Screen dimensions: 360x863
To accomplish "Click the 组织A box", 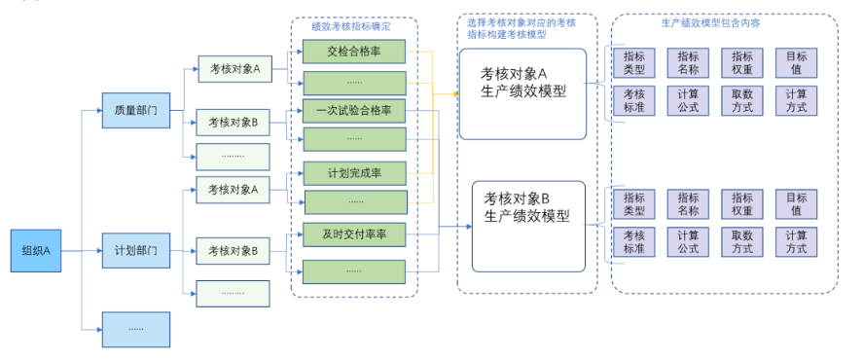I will pyautogui.click(x=36, y=250).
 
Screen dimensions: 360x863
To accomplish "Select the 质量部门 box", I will pyautogui.click(x=136, y=111).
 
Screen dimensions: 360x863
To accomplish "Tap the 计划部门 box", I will pyautogui.click(x=136, y=250).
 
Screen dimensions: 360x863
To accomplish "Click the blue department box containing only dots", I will pyautogui.click(x=136, y=329).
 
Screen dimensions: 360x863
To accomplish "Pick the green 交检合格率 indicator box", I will pyautogui.click(x=354, y=52).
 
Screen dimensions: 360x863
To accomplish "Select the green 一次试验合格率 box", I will pyautogui.click(x=354, y=111).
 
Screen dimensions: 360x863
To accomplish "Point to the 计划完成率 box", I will pyautogui.click(x=354, y=174).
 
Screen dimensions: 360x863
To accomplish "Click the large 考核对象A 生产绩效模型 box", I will pyautogui.click(x=522, y=94).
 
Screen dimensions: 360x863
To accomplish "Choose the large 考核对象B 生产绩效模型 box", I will pyautogui.click(x=528, y=226).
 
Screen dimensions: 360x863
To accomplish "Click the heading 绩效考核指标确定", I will pyautogui.click(x=354, y=26).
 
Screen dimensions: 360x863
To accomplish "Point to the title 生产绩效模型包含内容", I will pyautogui.click(x=724, y=21).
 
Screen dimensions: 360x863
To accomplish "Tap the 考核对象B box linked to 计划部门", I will pyautogui.click(x=234, y=251).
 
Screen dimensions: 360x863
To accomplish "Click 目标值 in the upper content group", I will pyautogui.click(x=796, y=63).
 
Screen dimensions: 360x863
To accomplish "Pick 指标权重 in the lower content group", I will pyautogui.click(x=741, y=204).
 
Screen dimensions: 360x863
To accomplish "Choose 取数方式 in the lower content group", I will pyautogui.click(x=741, y=241).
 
